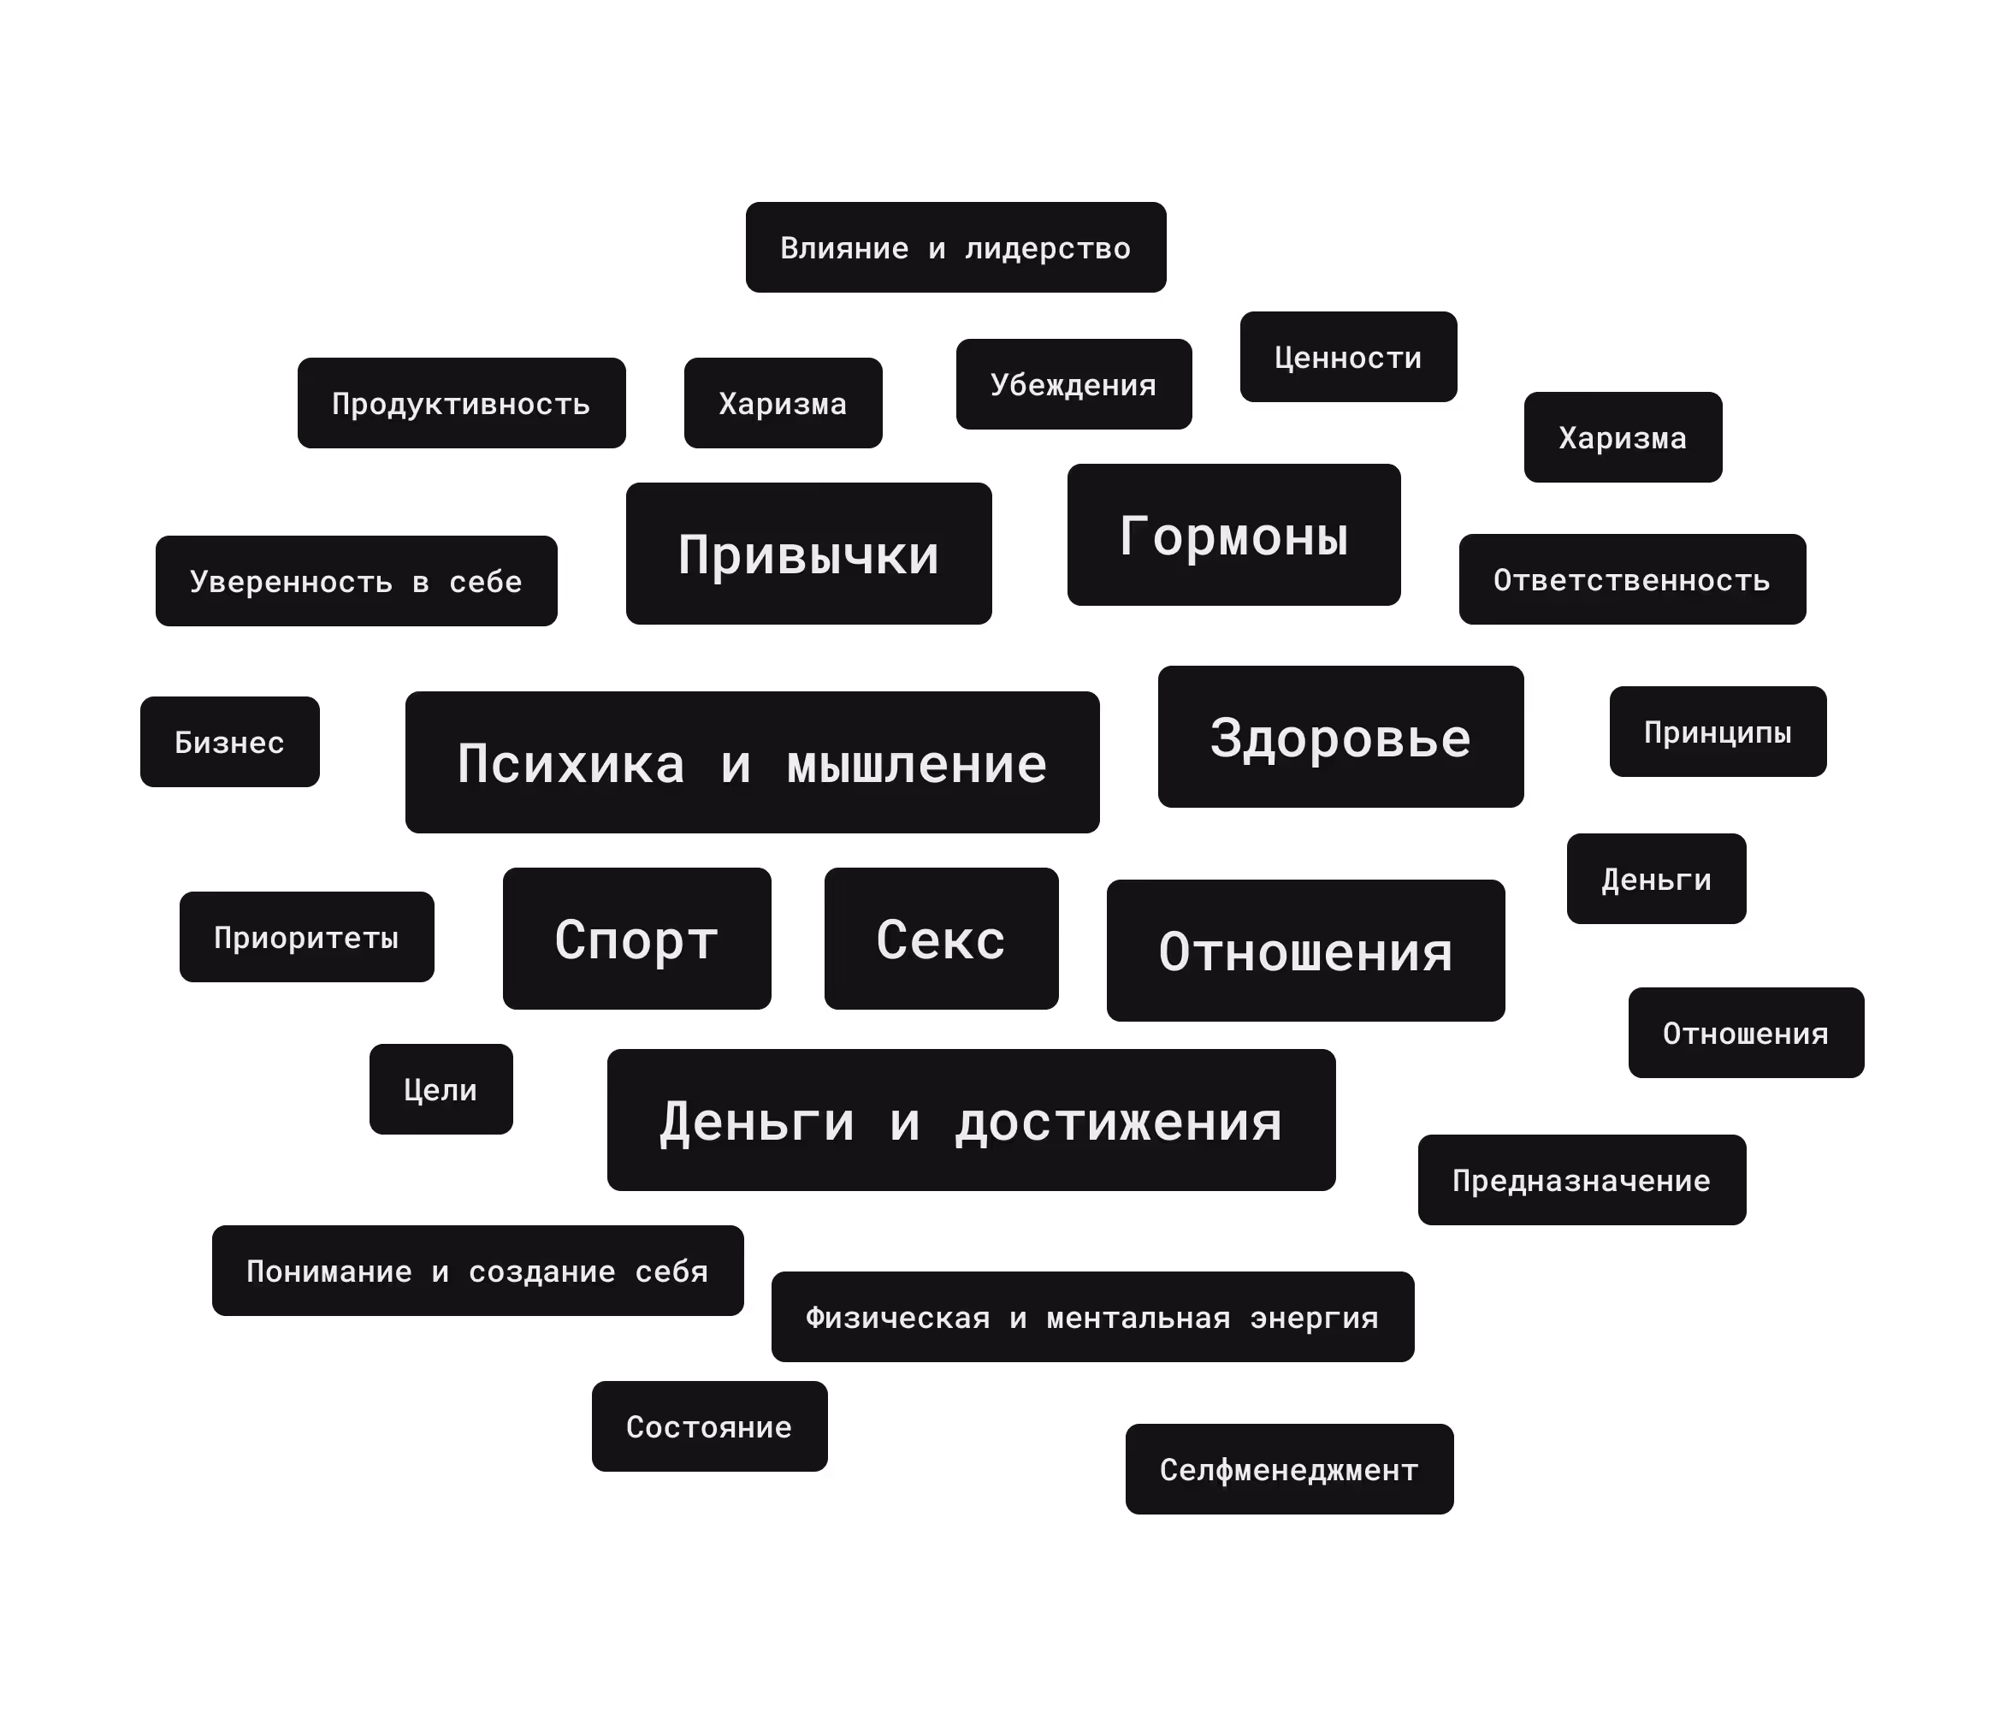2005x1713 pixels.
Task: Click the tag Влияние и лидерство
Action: (955, 248)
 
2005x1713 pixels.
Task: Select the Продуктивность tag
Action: (460, 404)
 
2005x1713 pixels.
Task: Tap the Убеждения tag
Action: (1073, 384)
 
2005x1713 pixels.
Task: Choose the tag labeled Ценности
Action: (1348, 357)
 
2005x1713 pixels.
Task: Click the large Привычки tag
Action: (808, 554)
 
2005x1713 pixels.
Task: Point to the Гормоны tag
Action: (1233, 535)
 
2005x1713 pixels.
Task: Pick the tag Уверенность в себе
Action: (356, 582)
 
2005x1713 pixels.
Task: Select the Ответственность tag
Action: (1631, 580)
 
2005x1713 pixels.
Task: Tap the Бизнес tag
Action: (229, 743)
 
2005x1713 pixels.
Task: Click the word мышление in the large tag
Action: (916, 763)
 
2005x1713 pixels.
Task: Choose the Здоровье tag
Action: (1340, 738)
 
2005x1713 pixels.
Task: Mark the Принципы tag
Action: (1718, 732)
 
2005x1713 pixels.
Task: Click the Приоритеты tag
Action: (305, 937)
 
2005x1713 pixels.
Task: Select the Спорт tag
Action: (636, 939)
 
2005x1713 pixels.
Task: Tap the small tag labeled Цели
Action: (441, 1090)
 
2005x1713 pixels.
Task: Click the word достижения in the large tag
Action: (1119, 1122)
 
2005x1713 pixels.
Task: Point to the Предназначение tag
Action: (1582, 1180)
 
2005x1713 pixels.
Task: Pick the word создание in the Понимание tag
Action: (542, 1271)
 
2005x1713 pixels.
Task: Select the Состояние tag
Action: (709, 1426)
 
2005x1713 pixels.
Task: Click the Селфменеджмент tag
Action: (1289, 1469)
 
